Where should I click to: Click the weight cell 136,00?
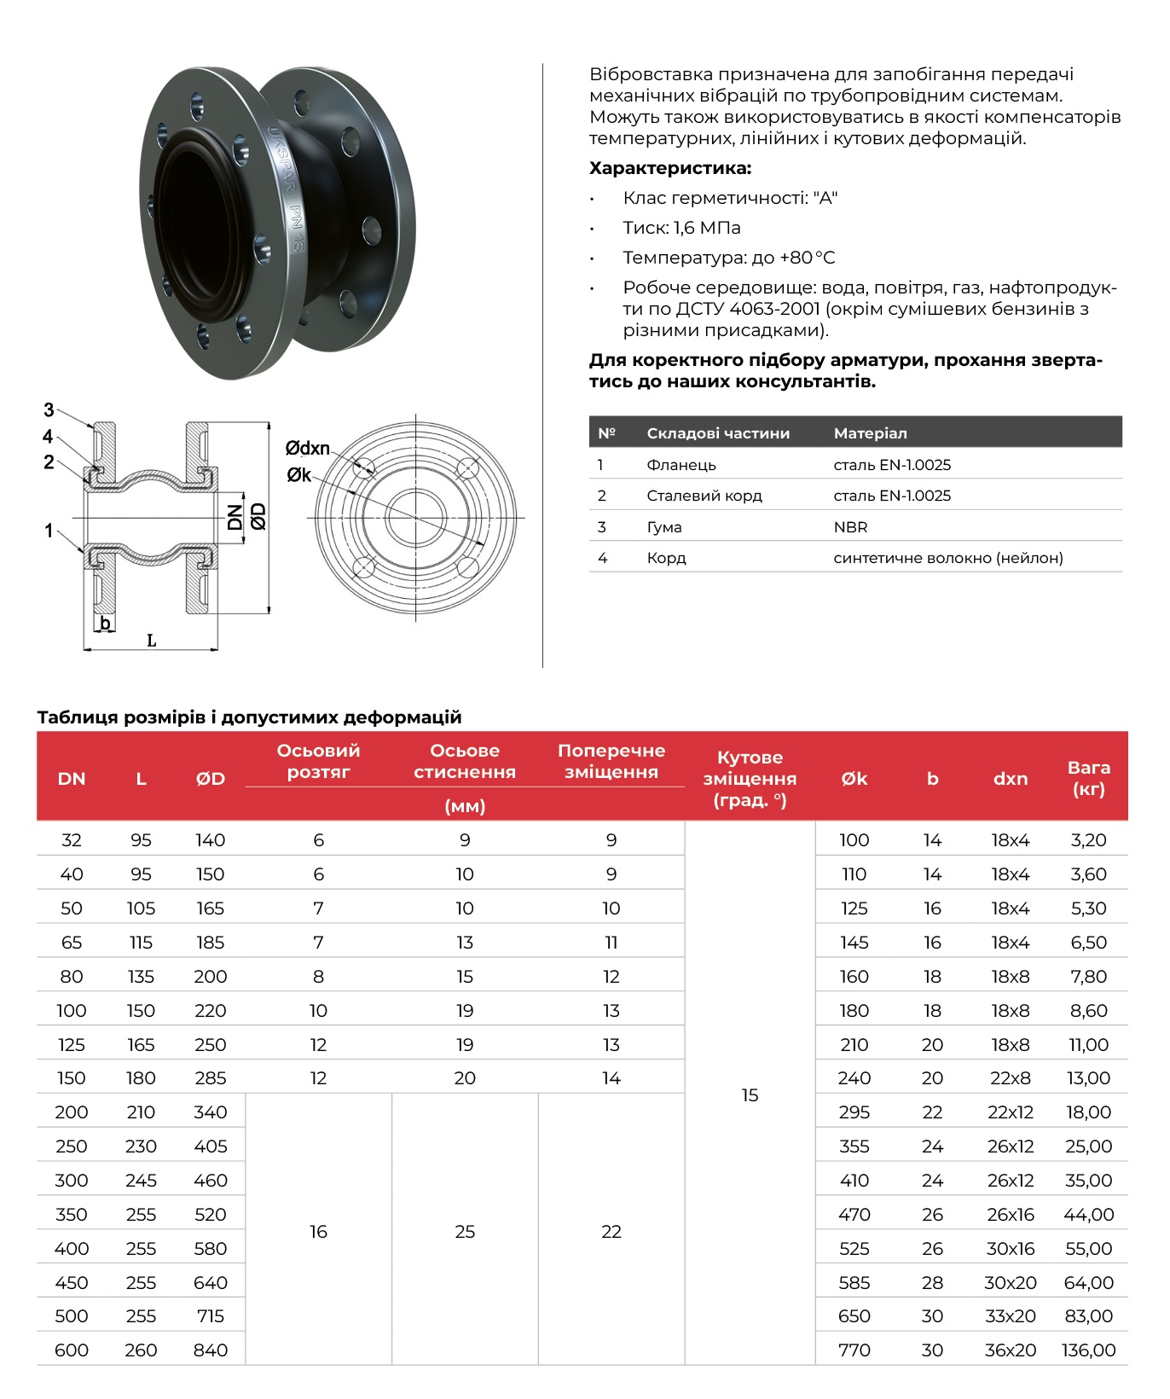point(1088,1350)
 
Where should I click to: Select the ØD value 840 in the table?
point(210,1350)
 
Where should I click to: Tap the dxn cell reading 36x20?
point(1010,1350)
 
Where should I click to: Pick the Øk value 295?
point(854,1112)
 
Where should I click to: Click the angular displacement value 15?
point(750,1094)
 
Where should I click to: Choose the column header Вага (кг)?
point(1088,777)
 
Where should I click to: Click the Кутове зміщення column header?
point(750,778)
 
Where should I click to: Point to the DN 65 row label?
point(72,943)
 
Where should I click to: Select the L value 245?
point(141,1181)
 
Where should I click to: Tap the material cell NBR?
point(850,527)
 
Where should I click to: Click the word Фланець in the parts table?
point(681,465)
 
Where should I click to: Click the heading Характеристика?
point(670,168)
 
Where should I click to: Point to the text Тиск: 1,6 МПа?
point(681,228)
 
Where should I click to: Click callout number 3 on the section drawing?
point(49,410)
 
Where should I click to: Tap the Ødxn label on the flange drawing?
point(307,448)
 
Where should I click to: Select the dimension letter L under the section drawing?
point(151,641)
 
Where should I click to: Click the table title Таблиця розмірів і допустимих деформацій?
point(249,717)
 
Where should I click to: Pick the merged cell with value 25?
point(465,1231)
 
